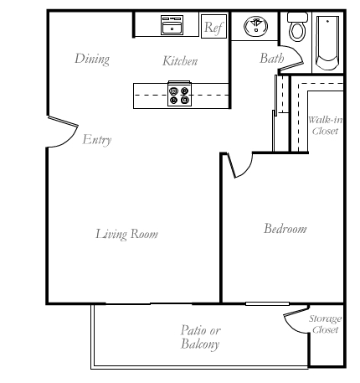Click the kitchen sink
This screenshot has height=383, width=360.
(172, 25)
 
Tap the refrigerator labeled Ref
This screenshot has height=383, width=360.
(213, 26)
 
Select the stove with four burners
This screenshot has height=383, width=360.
(179, 94)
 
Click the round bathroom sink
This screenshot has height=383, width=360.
(255, 26)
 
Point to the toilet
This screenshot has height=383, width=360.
(297, 27)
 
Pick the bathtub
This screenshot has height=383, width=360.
(327, 43)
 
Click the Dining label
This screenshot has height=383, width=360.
(92, 59)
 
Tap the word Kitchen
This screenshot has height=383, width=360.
(180, 61)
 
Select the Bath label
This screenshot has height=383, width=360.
(271, 58)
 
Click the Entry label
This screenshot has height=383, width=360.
(97, 139)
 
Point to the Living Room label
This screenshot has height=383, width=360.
(127, 234)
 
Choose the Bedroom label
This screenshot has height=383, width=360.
(285, 229)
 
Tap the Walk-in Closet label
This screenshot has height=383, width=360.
(326, 126)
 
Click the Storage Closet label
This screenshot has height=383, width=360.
(325, 324)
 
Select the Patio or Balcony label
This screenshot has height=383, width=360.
(200, 337)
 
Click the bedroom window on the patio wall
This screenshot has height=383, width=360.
(267, 303)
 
